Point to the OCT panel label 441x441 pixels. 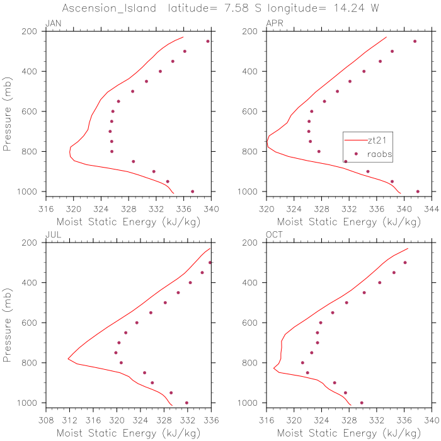[x=274, y=235]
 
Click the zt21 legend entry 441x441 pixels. [x=377, y=140]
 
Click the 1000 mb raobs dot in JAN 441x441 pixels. [x=193, y=192]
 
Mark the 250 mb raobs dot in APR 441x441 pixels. [x=415, y=42]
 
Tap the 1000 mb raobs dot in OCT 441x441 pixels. [x=362, y=403]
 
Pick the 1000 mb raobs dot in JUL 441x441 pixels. [x=186, y=403]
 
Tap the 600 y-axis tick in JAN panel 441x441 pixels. [x=35, y=112]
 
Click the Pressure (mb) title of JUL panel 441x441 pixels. [x=8, y=323]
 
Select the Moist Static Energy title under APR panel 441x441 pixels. [x=348, y=221]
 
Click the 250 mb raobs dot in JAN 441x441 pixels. [x=208, y=42]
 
